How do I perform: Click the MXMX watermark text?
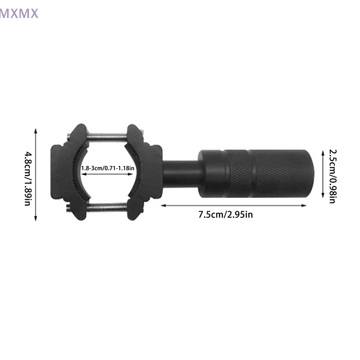click(x=19, y=13)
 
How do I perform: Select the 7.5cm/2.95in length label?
click(x=225, y=214)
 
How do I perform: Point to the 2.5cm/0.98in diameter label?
click(x=332, y=176)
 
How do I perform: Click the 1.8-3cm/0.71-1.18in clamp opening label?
click(x=108, y=168)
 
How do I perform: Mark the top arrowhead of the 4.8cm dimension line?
click(x=36, y=130)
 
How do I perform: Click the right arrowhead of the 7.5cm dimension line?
click(x=305, y=205)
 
